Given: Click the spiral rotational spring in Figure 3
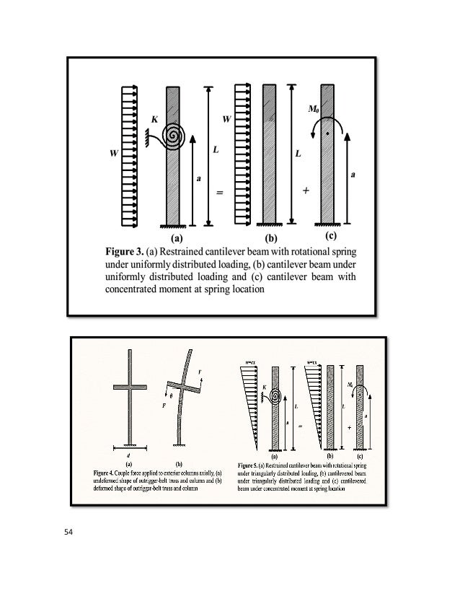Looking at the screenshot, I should [173, 135].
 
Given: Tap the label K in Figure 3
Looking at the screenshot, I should [154, 118].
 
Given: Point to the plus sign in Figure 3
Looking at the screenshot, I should [306, 191].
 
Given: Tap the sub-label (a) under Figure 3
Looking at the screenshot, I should [177, 236].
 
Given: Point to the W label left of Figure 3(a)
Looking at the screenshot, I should [112, 154].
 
